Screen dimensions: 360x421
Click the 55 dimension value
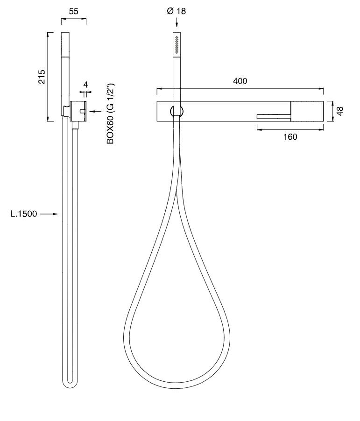click(73, 11)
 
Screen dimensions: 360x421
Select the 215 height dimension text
click(42, 77)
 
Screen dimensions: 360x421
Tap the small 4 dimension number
click(85, 85)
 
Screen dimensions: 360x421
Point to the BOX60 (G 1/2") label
click(110, 114)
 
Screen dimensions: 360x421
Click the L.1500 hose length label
click(24, 214)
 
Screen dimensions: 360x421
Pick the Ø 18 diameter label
click(176, 11)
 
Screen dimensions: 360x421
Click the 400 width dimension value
click(240, 81)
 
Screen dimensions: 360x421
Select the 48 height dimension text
click(340, 111)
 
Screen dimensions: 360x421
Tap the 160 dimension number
click(290, 137)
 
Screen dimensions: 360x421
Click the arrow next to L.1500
click(49, 214)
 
